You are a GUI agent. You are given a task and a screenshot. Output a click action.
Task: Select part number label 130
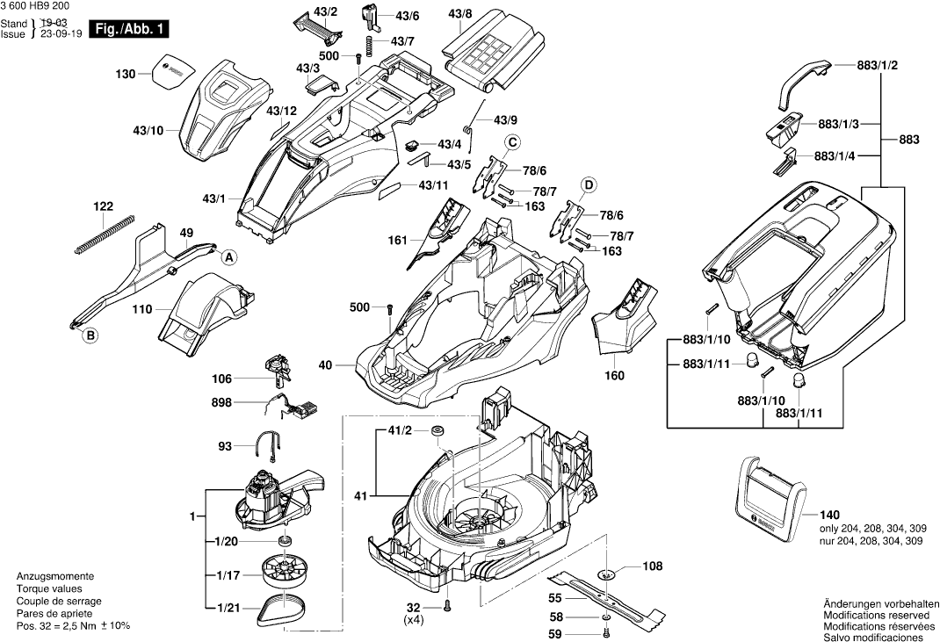[x=125, y=75]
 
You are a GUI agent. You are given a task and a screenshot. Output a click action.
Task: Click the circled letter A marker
[x=228, y=257]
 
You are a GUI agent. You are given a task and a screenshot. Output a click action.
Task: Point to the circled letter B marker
[x=90, y=335]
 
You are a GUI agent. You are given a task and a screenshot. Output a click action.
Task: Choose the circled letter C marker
[x=510, y=143]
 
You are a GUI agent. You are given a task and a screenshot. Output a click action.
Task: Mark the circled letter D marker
[x=589, y=184]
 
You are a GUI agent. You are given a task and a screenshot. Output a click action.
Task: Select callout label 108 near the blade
[x=653, y=566]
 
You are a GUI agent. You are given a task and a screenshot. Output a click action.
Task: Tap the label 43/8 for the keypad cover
[x=459, y=15]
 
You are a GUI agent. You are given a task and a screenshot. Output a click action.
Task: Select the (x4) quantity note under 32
[x=414, y=620]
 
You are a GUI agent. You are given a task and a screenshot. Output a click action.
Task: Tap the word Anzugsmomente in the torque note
[x=49, y=576]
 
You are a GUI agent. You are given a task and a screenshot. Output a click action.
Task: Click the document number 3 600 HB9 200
[x=40, y=6]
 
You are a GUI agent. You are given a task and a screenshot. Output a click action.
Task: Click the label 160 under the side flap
[x=614, y=376]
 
